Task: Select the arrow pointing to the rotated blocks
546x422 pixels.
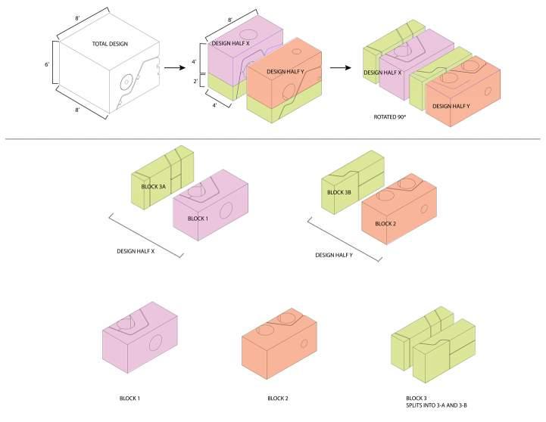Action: click(341, 68)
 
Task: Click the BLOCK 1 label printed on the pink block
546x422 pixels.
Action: click(197, 219)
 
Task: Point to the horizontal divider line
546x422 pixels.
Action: click(273, 139)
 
